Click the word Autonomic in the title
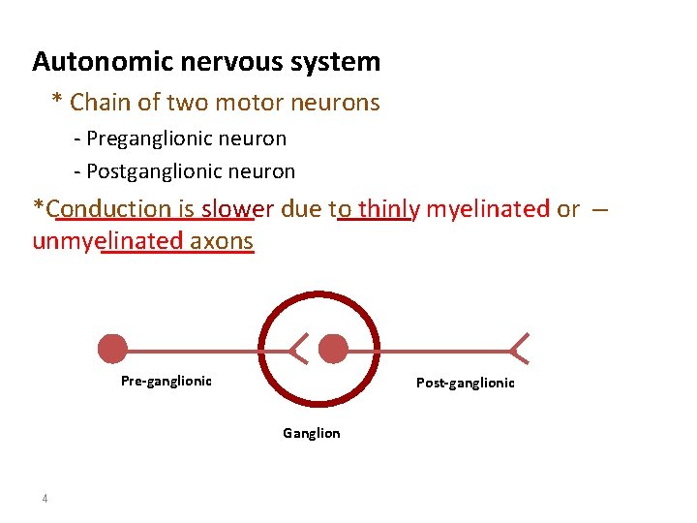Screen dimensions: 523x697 90,62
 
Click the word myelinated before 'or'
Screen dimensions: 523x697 488,208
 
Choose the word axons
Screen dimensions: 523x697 222,241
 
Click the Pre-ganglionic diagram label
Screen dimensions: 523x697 166,381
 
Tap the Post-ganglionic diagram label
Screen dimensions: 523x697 466,383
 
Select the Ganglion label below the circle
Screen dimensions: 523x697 311,433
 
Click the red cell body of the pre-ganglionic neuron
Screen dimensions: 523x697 113,349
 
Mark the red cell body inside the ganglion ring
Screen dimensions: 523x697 333,349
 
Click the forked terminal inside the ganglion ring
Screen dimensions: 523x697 299,349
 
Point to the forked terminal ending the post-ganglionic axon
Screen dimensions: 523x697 520,349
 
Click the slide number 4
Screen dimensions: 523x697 45,499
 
